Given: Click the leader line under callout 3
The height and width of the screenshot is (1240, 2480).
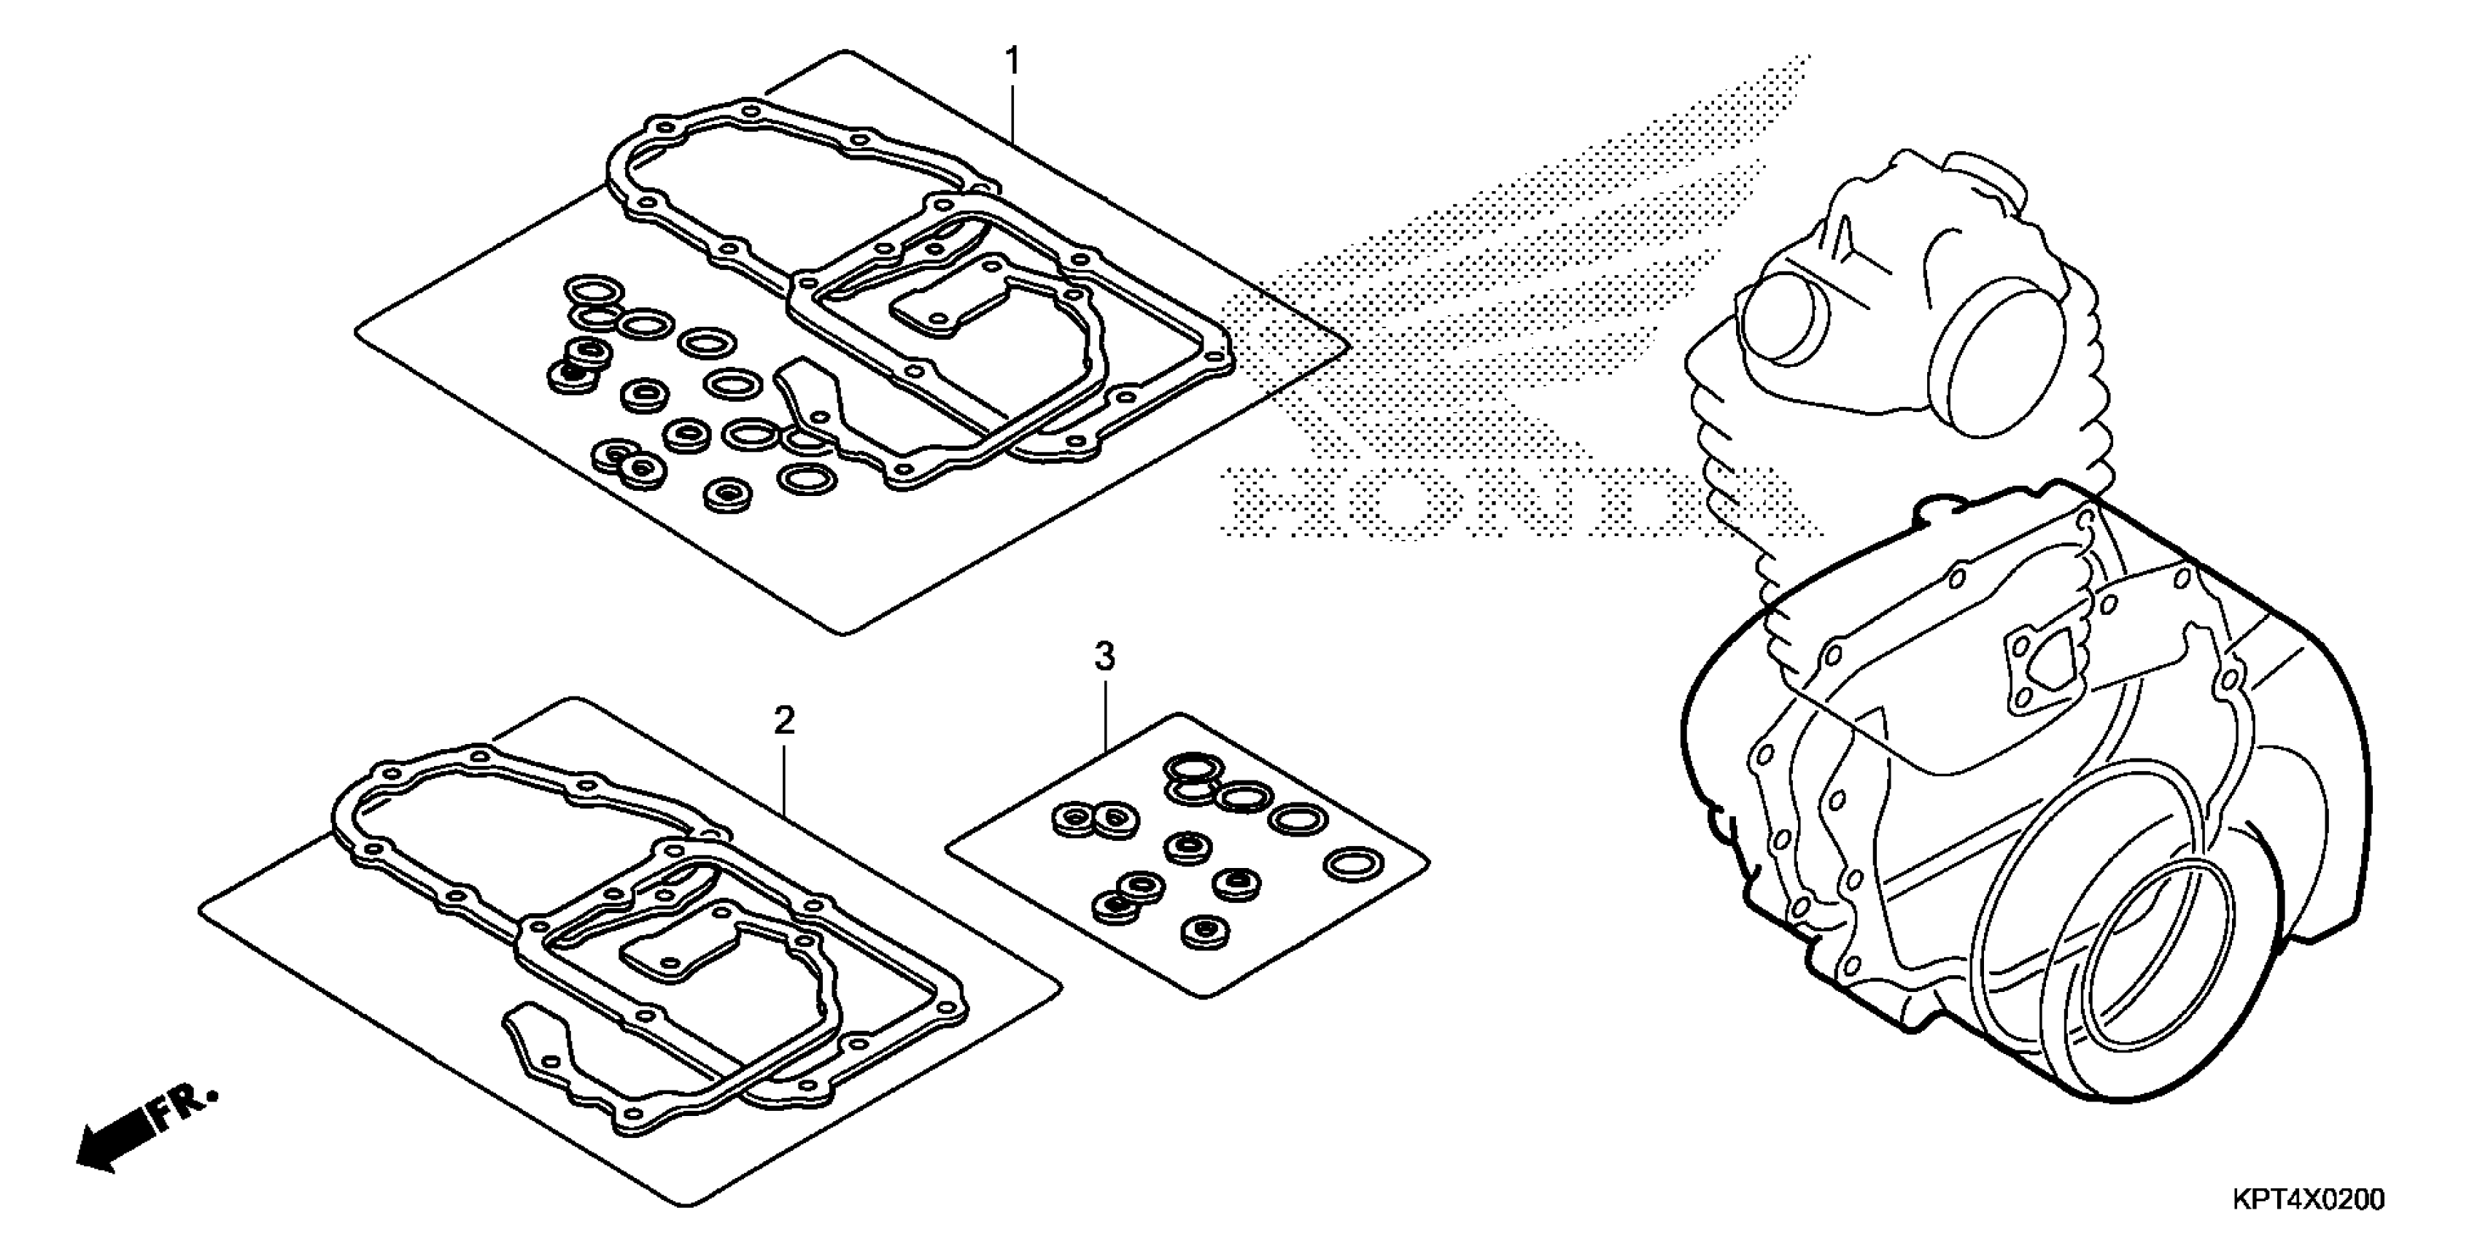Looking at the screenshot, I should point(1105,713).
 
